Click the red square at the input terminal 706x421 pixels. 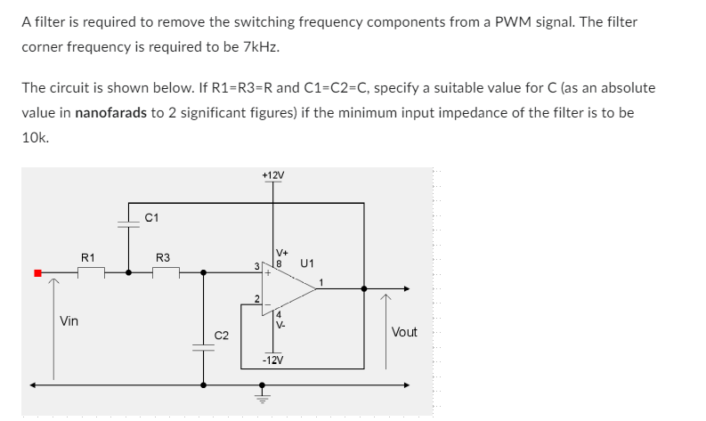(37, 273)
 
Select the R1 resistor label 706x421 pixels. (88, 258)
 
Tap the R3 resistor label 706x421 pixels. (163, 258)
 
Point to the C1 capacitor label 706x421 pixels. (151, 216)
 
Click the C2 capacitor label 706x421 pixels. (222, 336)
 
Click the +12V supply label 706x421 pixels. (272, 174)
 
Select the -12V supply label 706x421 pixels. (272, 360)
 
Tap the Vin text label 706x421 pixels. (69, 321)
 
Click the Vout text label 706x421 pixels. (404, 332)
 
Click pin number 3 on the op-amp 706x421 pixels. (256, 266)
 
